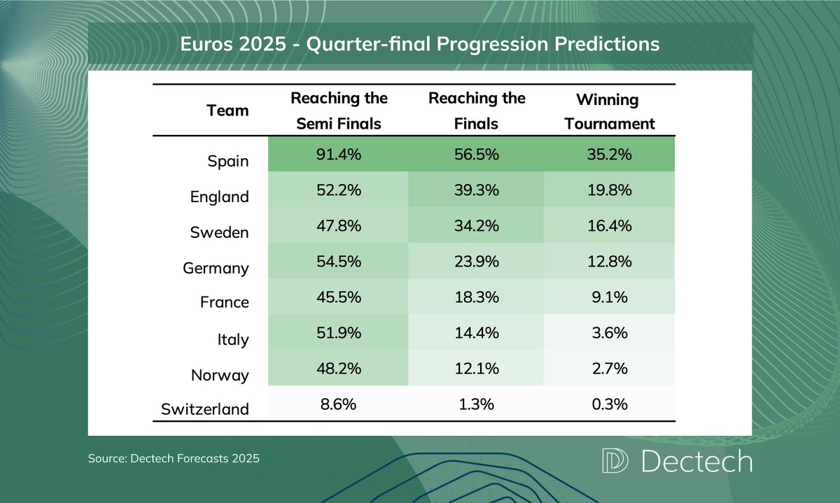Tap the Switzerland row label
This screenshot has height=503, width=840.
(x=205, y=409)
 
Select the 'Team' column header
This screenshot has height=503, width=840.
(x=227, y=111)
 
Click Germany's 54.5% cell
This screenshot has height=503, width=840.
(x=339, y=262)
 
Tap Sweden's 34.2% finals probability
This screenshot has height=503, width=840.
(x=477, y=227)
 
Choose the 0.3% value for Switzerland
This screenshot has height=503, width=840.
(x=610, y=404)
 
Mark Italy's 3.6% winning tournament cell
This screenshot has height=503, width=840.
(x=610, y=333)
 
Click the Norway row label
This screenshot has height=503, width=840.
(x=220, y=375)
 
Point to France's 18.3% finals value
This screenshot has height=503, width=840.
(x=477, y=297)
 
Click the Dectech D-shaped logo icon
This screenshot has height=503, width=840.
(x=615, y=462)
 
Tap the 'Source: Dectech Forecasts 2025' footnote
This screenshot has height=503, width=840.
(x=174, y=459)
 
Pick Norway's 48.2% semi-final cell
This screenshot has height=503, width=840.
(x=339, y=369)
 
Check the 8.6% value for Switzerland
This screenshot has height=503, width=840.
(x=339, y=404)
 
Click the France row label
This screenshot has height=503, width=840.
(x=225, y=302)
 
